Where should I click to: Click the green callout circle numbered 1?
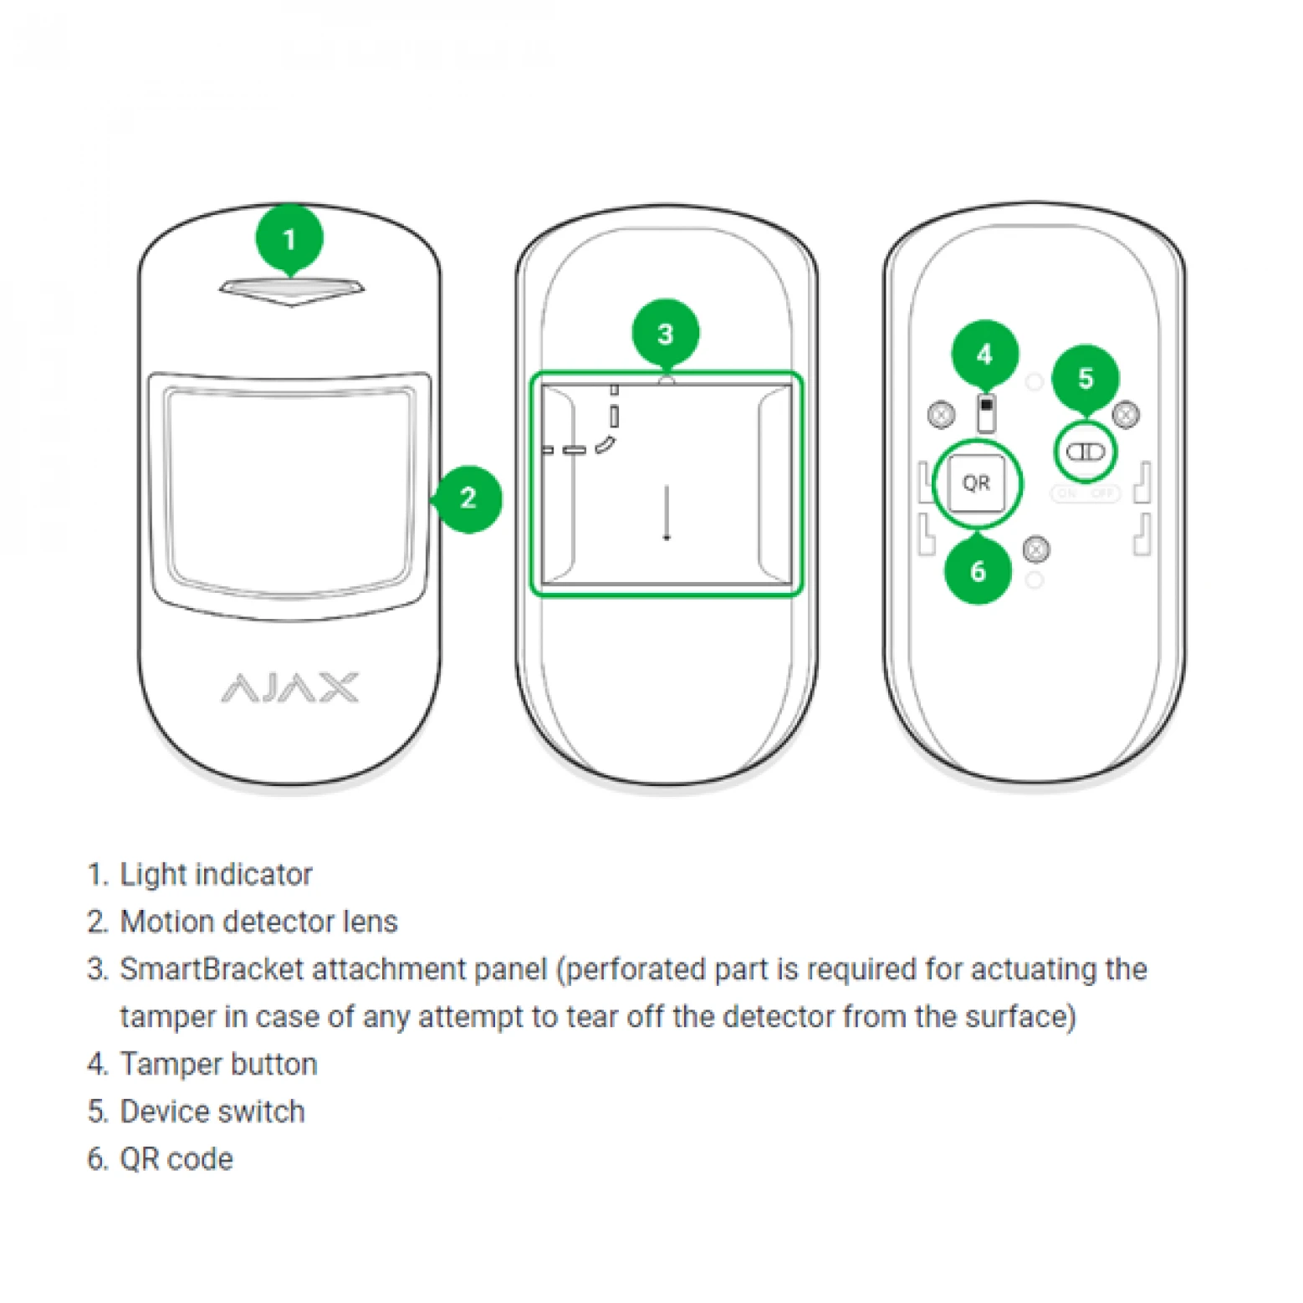tap(289, 239)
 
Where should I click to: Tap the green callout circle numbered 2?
tap(468, 499)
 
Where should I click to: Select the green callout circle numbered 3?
tap(665, 334)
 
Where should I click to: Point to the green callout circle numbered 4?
tap(984, 355)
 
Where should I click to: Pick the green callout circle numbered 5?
tap(1085, 378)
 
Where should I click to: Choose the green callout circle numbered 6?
tap(978, 571)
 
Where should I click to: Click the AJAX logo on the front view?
tap(290, 687)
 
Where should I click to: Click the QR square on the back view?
tap(976, 483)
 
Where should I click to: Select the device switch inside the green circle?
tap(1085, 452)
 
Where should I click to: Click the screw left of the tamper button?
tap(942, 414)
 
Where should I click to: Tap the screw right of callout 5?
tap(1127, 413)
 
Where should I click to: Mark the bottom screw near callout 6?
tap(1036, 549)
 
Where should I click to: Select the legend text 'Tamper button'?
tap(218, 1064)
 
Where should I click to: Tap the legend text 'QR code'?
tap(176, 1159)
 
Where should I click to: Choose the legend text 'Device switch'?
tap(212, 1111)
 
